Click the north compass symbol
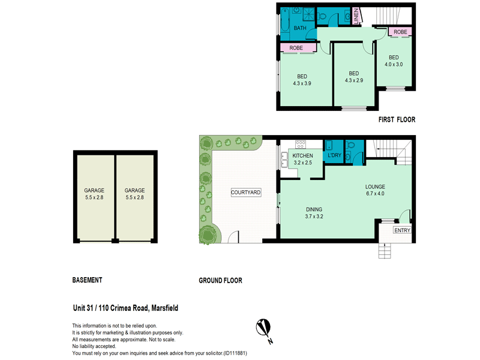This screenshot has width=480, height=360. pyautogui.click(x=263, y=328)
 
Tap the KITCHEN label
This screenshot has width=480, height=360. pyautogui.click(x=302, y=156)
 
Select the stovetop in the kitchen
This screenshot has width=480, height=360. pyautogui.click(x=301, y=144)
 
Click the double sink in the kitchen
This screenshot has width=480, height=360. pyautogui.click(x=283, y=158)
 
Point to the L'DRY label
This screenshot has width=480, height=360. pyautogui.click(x=334, y=156)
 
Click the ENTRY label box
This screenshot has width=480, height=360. pyautogui.click(x=401, y=230)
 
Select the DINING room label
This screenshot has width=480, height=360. pyautogui.click(x=314, y=209)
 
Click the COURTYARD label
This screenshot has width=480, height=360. pyautogui.click(x=246, y=193)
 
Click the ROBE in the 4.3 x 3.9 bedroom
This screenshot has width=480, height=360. pyautogui.click(x=296, y=48)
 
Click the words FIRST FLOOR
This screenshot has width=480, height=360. pyautogui.click(x=397, y=120)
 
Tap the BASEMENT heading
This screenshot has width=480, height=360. pyautogui.click(x=87, y=280)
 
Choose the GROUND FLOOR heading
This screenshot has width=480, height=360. pyautogui.click(x=220, y=280)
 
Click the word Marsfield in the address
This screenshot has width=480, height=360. pyautogui.click(x=160, y=308)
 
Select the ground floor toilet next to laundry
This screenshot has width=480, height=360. pyautogui.click(x=352, y=147)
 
